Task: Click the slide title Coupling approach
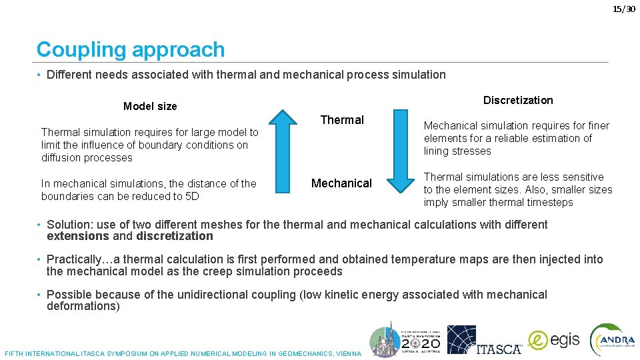pyautogui.click(x=131, y=49)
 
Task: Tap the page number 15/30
pyautogui.click(x=624, y=9)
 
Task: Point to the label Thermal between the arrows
pyautogui.click(x=342, y=120)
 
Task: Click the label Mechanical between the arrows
pyautogui.click(x=341, y=183)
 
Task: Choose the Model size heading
pyautogui.click(x=150, y=107)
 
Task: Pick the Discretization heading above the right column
pyautogui.click(x=518, y=100)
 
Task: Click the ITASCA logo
pyautogui.click(x=484, y=340)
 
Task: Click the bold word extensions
pyautogui.click(x=77, y=236)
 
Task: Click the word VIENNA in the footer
pyautogui.click(x=349, y=353)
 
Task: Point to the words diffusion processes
pyautogui.click(x=87, y=158)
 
